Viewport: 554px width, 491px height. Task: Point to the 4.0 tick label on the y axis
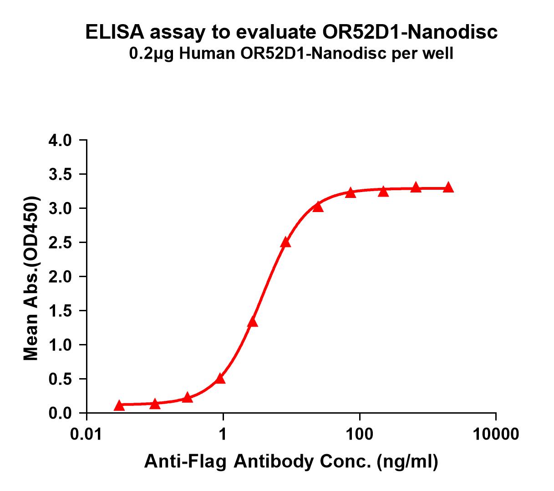point(60,140)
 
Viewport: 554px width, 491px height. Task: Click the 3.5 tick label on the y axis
point(60,174)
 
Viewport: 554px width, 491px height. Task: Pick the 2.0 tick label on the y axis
point(60,277)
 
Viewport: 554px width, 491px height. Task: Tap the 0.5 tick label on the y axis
point(60,379)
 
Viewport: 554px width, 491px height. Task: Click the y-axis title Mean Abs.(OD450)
point(31,278)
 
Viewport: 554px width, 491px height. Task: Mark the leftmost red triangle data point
point(119,405)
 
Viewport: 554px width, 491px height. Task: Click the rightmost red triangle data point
point(448,187)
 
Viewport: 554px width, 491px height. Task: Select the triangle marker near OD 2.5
point(285,242)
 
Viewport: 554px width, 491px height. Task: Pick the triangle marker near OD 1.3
point(253,322)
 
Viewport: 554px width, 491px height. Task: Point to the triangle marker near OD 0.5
point(220,378)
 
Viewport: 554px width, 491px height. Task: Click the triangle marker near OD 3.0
point(318,207)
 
